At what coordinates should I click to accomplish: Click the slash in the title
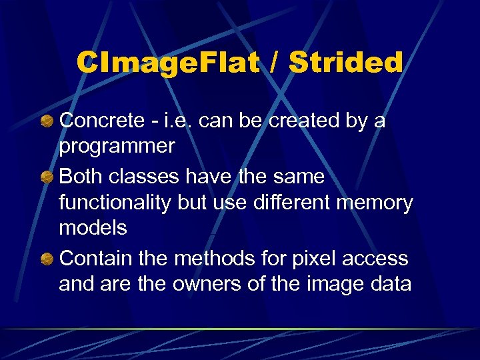click(271, 63)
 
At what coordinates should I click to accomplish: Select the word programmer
click(117, 146)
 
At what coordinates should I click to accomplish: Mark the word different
click(299, 203)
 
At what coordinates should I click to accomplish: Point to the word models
click(93, 228)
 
